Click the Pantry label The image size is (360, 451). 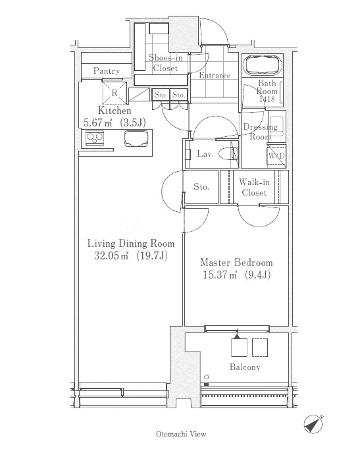[x=107, y=70]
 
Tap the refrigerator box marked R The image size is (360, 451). [x=115, y=93]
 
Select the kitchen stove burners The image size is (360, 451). [x=95, y=138]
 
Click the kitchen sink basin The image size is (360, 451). [x=136, y=139]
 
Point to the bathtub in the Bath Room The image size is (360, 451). [x=263, y=65]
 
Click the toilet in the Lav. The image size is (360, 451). [x=228, y=153]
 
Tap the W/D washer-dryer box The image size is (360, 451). [x=276, y=155]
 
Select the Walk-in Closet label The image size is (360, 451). [x=254, y=187]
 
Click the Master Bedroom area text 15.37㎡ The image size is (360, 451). [x=220, y=275]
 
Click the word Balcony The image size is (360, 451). [x=245, y=367]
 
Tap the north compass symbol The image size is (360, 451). [x=313, y=423]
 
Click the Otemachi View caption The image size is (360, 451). [x=181, y=434]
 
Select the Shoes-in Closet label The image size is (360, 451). [x=165, y=63]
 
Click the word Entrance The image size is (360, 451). [x=215, y=75]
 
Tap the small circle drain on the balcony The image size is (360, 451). [x=206, y=377]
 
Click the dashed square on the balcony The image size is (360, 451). [x=260, y=348]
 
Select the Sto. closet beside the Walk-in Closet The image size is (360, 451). [x=201, y=187]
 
